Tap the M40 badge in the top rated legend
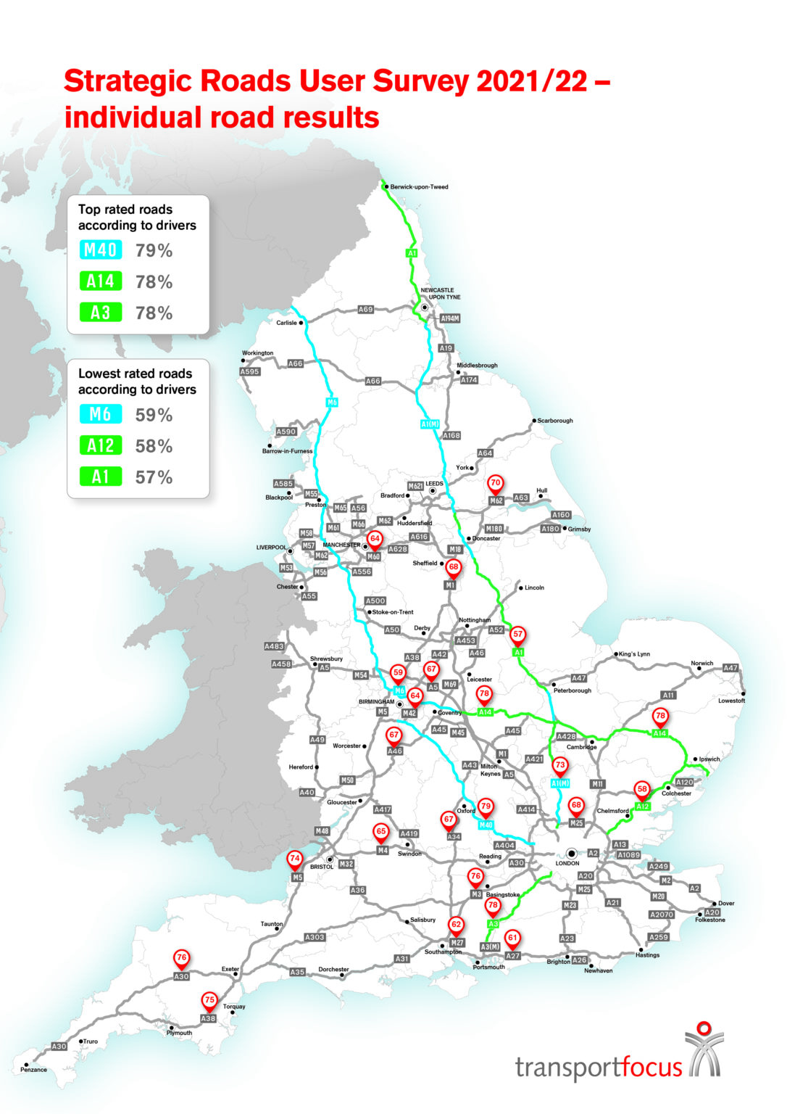100,251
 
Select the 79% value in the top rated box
154,251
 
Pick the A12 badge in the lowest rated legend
100,446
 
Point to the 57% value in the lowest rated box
154,477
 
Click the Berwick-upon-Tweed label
419,187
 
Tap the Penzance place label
33,1070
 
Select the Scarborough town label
555,421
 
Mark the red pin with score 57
517,635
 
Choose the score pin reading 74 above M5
294,859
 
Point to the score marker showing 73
559,766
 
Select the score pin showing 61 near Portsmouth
512,938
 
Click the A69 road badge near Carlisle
366,310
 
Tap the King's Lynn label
634,654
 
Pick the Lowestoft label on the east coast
731,701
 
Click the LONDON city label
567,863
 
